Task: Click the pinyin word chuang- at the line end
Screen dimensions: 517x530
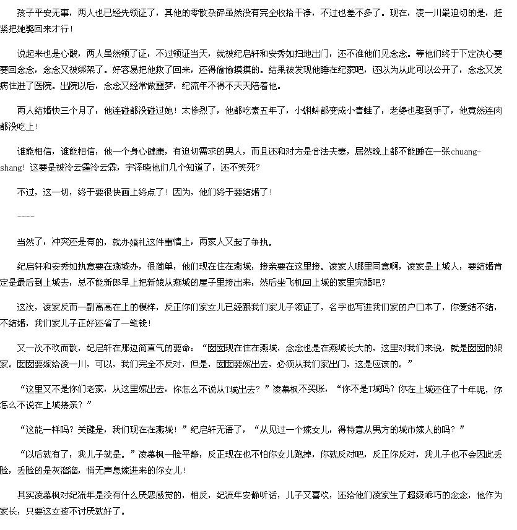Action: coord(466,152)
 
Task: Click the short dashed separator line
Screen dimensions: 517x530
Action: coord(26,216)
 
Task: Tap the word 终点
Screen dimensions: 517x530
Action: coord(147,192)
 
